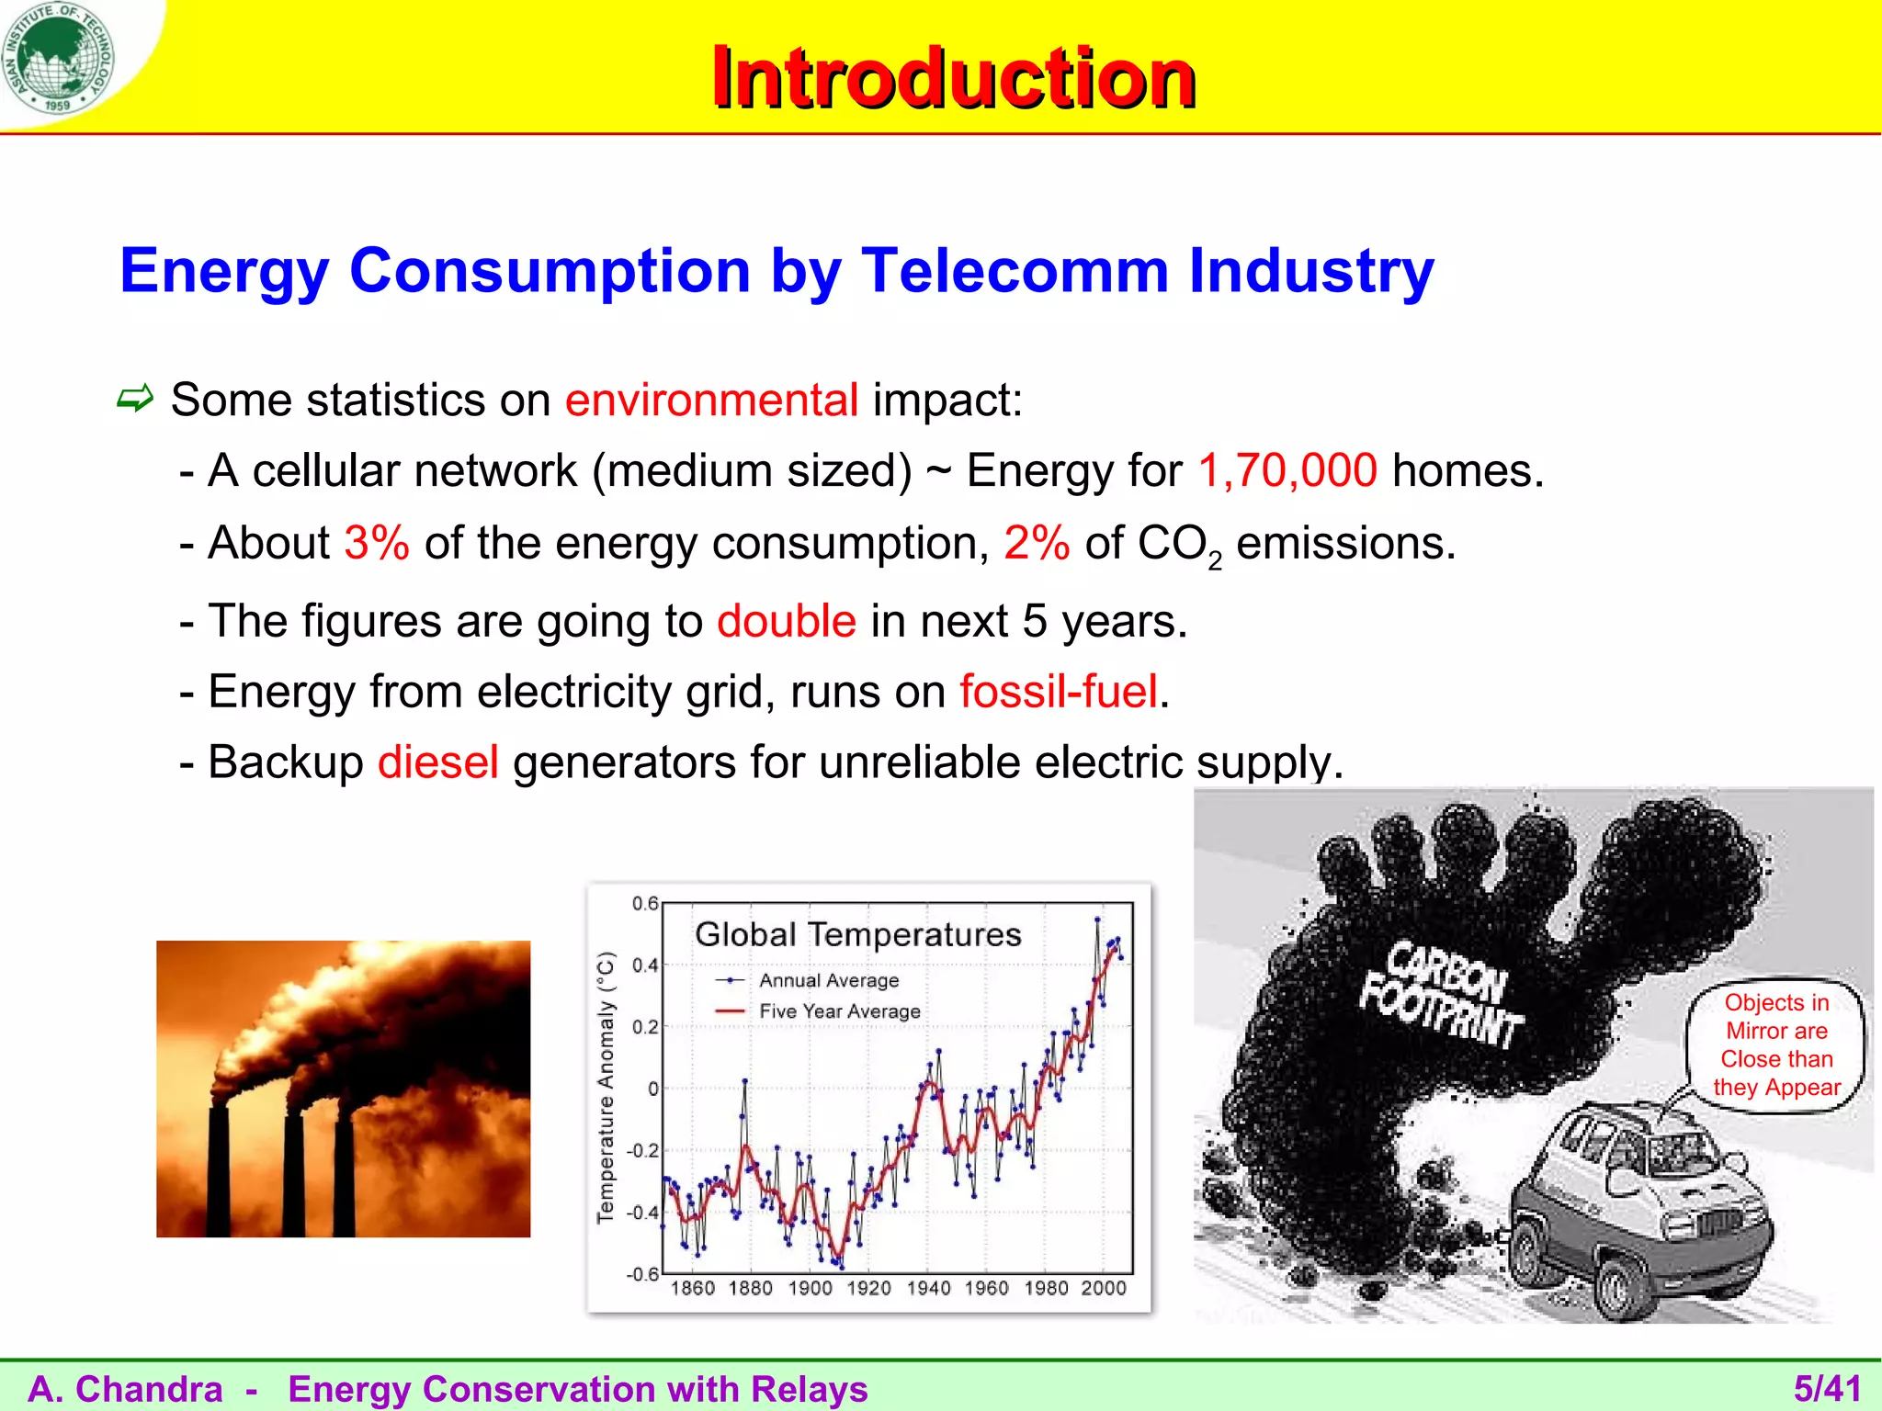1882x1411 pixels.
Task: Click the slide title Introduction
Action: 953,78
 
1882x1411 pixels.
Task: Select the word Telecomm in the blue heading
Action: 1015,271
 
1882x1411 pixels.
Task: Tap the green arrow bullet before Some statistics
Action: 135,399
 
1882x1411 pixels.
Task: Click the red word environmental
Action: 711,401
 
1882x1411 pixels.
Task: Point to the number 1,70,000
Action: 1287,470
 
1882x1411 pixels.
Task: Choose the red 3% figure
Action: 377,543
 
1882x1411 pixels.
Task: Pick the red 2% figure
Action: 1037,543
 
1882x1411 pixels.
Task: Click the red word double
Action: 787,621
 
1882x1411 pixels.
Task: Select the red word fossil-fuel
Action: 1059,692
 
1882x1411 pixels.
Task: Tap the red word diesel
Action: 438,762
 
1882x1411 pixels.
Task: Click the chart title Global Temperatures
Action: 857,934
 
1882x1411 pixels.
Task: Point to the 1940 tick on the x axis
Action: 928,1288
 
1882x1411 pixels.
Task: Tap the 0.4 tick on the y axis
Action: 645,965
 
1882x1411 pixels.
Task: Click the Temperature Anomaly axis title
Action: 605,1088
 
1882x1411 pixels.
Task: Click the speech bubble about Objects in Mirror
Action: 1775,1044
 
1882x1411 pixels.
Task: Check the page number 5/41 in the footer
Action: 1827,1388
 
